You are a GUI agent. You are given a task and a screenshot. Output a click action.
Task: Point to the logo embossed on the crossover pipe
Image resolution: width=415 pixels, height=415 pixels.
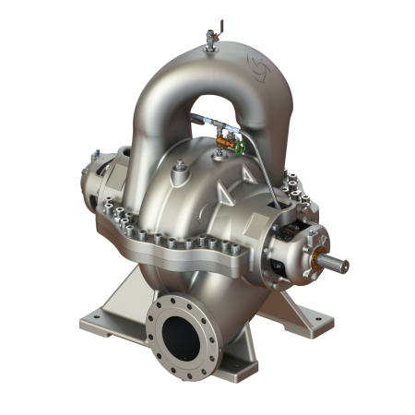tap(254, 65)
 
